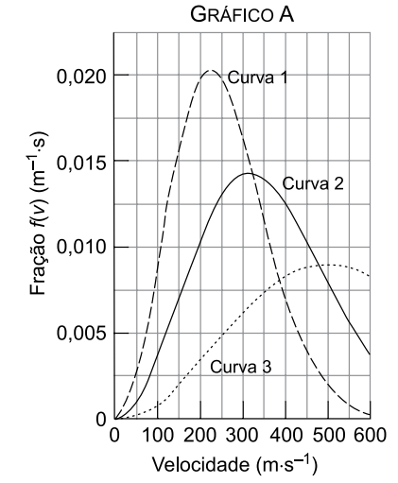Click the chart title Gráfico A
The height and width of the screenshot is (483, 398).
click(x=242, y=15)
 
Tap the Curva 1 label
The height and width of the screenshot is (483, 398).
click(x=257, y=78)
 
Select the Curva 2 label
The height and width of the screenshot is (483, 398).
click(x=313, y=183)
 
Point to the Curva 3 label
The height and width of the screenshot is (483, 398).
click(x=240, y=367)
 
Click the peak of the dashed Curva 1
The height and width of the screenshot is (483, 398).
click(x=211, y=70)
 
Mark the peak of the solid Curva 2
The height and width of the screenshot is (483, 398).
click(x=248, y=173)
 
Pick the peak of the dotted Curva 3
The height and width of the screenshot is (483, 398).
click(x=328, y=265)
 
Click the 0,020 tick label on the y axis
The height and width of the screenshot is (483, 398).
click(x=80, y=77)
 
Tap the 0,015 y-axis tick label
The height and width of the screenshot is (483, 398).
click(x=80, y=163)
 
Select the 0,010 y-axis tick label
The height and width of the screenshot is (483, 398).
click(x=80, y=248)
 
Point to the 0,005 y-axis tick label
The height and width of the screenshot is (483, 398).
click(x=80, y=334)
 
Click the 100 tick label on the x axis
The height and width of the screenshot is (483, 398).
click(x=158, y=435)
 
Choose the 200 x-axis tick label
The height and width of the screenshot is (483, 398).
click(x=200, y=435)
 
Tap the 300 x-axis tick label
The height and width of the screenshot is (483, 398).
click(x=243, y=435)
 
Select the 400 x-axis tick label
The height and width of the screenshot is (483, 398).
click(x=286, y=435)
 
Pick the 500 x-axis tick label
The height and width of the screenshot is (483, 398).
click(x=328, y=435)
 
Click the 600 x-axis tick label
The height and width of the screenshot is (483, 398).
click(x=371, y=435)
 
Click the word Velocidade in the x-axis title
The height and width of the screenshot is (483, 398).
click(x=200, y=465)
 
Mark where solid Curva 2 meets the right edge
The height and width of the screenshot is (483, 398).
click(x=370, y=354)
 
